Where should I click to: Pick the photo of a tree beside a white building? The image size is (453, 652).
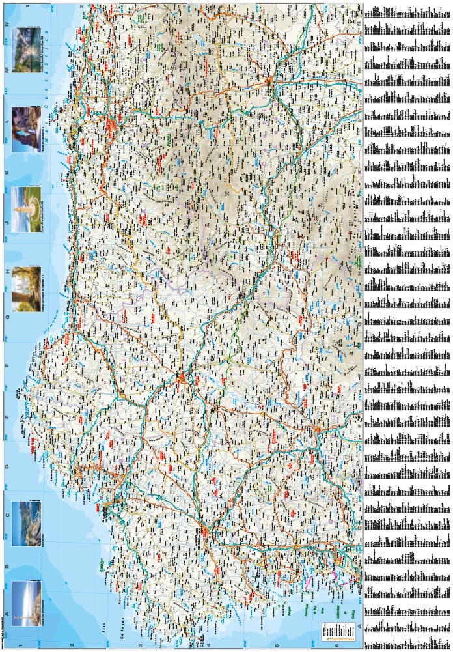point(26,287)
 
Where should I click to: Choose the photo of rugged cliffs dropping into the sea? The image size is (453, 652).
point(26,524)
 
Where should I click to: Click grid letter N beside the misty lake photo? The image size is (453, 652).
point(7,23)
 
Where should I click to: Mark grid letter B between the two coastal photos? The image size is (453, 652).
point(7,563)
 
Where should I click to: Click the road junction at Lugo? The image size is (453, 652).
point(180,377)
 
